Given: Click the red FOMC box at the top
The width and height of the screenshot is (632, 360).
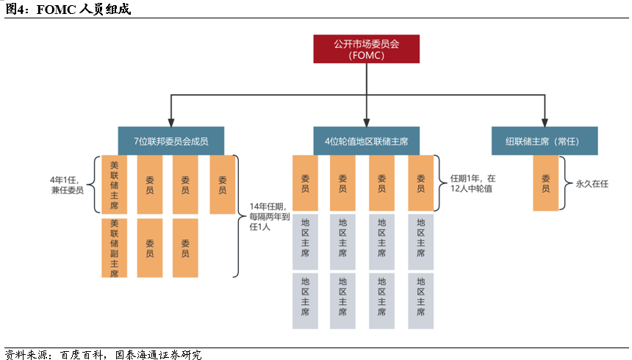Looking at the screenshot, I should (x=365, y=48).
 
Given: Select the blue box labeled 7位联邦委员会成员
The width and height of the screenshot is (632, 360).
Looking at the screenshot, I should (x=171, y=140).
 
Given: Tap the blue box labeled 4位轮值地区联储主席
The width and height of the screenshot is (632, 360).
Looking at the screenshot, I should (x=365, y=140).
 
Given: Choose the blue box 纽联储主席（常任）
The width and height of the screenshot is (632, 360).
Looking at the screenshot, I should (x=544, y=140).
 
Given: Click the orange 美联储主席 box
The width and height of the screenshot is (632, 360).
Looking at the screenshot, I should (x=114, y=184).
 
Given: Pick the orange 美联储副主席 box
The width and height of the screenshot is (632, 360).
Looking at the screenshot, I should (x=114, y=248).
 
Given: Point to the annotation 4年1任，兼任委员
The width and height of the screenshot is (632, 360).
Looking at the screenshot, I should (x=67, y=184).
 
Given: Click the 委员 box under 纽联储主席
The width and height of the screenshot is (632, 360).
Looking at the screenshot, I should (x=545, y=183).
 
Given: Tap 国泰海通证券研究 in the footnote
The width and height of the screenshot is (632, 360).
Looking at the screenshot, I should (x=159, y=354).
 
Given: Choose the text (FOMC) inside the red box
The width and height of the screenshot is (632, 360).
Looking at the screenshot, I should (x=365, y=55).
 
